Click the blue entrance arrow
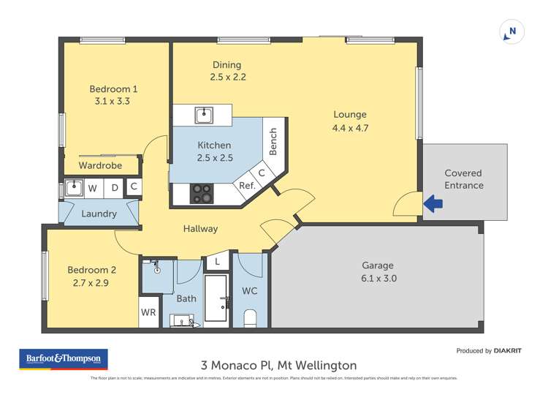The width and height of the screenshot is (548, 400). click(x=433, y=204)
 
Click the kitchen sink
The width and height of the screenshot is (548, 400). click(x=203, y=115)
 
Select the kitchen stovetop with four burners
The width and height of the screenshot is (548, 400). click(x=202, y=193)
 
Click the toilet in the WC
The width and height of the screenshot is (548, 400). click(x=250, y=317)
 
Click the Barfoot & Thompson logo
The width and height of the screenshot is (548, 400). click(x=64, y=360)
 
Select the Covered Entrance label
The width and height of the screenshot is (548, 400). click(x=464, y=179)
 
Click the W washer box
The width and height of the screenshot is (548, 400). click(x=93, y=188)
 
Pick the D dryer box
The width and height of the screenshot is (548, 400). click(x=114, y=188)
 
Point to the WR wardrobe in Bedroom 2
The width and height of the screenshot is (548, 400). click(x=148, y=312)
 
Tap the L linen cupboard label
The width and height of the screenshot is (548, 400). click(x=217, y=261)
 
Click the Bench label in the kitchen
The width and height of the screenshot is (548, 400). click(x=273, y=141)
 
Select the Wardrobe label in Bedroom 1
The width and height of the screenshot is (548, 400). click(x=100, y=165)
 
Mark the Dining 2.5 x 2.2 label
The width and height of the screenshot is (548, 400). click(x=227, y=71)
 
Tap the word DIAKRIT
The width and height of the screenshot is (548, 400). click(x=508, y=351)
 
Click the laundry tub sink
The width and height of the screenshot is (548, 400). click(x=73, y=188)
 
